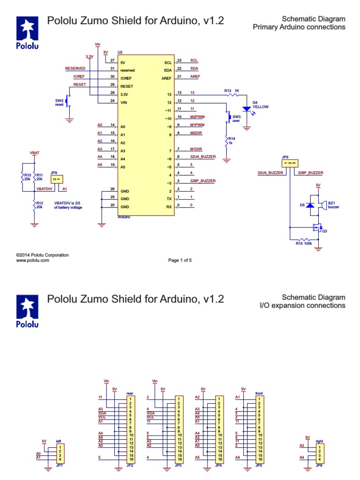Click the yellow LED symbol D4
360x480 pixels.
point(246,109)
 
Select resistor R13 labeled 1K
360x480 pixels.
point(233,94)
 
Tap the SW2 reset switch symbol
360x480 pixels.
point(68,101)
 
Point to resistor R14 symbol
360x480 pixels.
point(226,141)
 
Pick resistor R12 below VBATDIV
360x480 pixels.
point(34,205)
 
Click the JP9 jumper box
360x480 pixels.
point(56,179)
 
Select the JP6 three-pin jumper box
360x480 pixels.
point(289,163)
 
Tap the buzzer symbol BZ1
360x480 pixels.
point(323,204)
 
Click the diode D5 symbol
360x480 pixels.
point(309,206)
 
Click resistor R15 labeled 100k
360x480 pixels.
point(305,240)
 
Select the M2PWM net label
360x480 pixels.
point(197,117)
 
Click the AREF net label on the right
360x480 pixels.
point(195,76)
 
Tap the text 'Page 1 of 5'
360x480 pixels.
point(180,261)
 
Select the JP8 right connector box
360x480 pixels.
point(319,453)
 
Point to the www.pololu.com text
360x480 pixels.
point(32,260)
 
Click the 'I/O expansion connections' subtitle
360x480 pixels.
point(302,306)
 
